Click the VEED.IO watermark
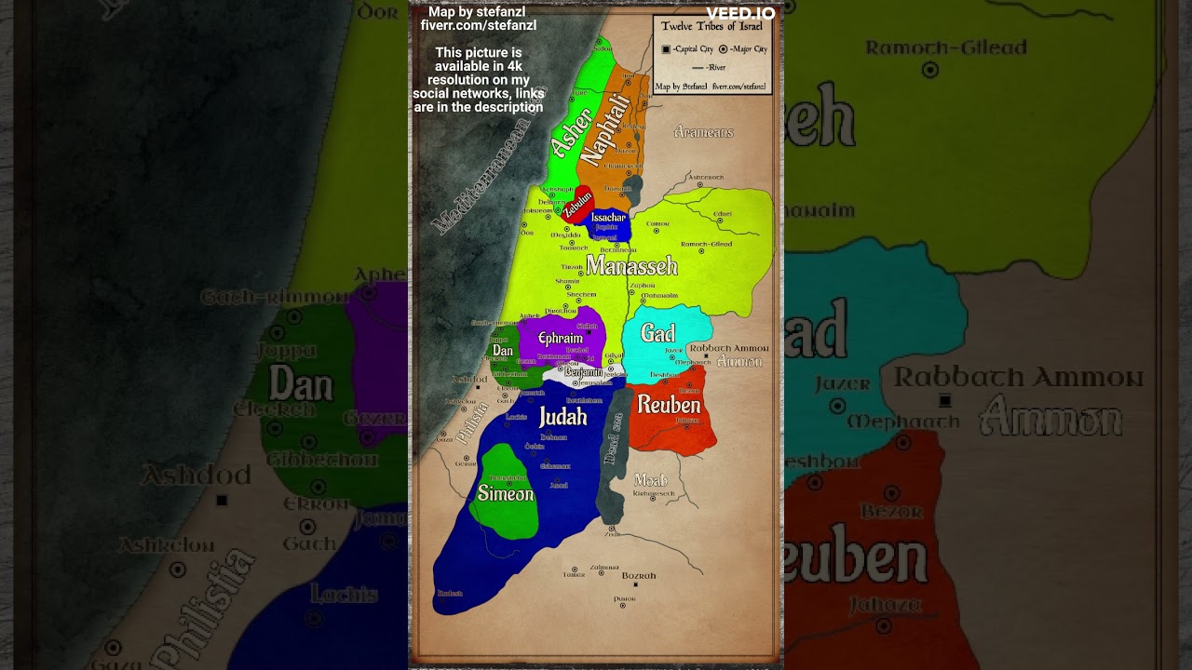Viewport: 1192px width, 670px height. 740,13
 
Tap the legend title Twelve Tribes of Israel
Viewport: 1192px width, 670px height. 711,26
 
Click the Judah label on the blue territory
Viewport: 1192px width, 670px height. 563,417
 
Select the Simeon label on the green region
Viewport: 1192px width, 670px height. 506,493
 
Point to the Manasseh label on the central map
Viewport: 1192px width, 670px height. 631,267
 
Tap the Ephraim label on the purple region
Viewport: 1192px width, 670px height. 561,338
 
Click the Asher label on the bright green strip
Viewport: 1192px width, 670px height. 570,134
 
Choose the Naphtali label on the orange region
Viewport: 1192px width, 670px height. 606,130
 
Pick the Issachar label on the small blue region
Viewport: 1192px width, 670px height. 608,218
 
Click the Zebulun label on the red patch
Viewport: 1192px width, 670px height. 577,204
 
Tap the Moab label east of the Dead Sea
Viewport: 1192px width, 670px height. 650,480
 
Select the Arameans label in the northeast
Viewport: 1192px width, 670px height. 703,132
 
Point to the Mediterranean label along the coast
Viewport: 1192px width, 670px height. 480,177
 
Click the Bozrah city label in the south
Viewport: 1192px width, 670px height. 639,576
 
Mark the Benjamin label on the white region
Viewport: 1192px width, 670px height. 584,372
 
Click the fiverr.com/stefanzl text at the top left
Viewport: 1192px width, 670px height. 479,25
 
